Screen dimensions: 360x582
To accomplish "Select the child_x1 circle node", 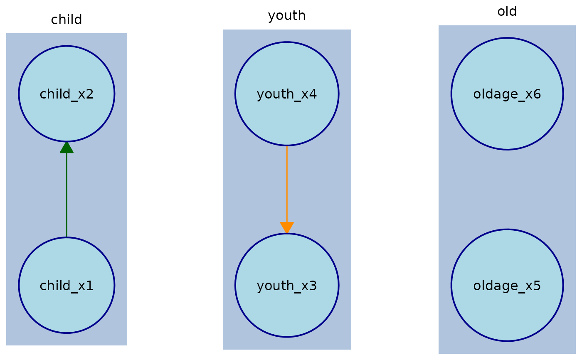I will pyautogui.click(x=67, y=308).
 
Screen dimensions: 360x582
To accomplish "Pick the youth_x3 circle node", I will pyautogui.click(x=287, y=312).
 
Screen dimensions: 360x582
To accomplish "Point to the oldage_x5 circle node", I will pyautogui.click(x=507, y=312).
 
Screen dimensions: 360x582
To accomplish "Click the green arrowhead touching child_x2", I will pyautogui.click(x=67, y=147).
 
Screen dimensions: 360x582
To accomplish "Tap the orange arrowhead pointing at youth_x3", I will pyautogui.click(x=287, y=227).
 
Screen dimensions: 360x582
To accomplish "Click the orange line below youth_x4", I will pyautogui.click(x=287, y=183).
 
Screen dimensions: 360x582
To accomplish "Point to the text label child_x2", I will pyautogui.click(x=67, y=94).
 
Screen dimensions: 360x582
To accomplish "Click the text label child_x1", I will pyautogui.click(x=67, y=286).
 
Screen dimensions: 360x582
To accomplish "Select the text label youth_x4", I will pyautogui.click(x=287, y=94).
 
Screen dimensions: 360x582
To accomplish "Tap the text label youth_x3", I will pyautogui.click(x=287, y=286).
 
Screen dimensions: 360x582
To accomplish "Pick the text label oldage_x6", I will pyautogui.click(x=507, y=94).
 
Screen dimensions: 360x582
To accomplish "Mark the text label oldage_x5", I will pyautogui.click(x=507, y=286).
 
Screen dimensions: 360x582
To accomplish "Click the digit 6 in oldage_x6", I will pyautogui.click(x=537, y=94).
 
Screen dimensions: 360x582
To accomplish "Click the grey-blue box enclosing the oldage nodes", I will pyautogui.click(x=507, y=189).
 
